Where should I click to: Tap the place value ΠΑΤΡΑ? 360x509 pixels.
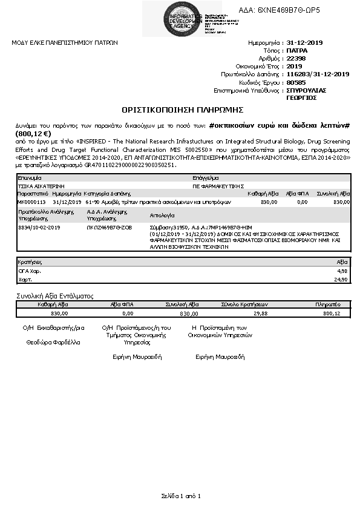pos(296,51)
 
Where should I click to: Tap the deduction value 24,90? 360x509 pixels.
pos(341,280)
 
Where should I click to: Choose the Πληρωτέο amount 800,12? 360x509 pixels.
pos(332,314)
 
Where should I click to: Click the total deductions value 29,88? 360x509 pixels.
pos(260,314)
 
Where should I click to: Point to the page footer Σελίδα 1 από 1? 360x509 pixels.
pos(180,496)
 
